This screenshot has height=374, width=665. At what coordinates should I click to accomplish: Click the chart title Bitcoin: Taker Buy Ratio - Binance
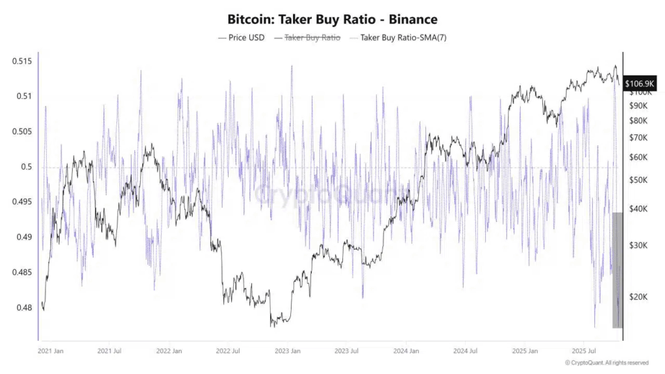tap(332, 19)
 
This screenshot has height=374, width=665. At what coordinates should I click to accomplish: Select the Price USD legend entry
tap(241, 38)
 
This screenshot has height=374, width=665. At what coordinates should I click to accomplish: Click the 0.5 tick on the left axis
tap(26, 167)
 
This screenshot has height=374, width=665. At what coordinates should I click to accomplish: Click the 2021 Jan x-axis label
tap(50, 351)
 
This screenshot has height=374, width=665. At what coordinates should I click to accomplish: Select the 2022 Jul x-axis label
tap(228, 351)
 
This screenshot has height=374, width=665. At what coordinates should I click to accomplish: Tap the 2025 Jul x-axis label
tap(584, 351)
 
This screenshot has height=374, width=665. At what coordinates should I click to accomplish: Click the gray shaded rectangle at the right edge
tap(618, 269)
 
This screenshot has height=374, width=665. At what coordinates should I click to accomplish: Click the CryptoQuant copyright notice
tap(607, 362)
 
